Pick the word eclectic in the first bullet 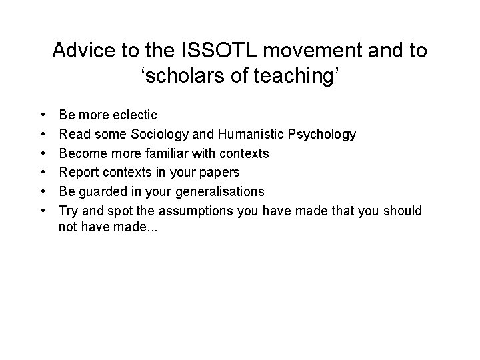pos(134,115)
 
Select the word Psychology pos(323,135)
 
